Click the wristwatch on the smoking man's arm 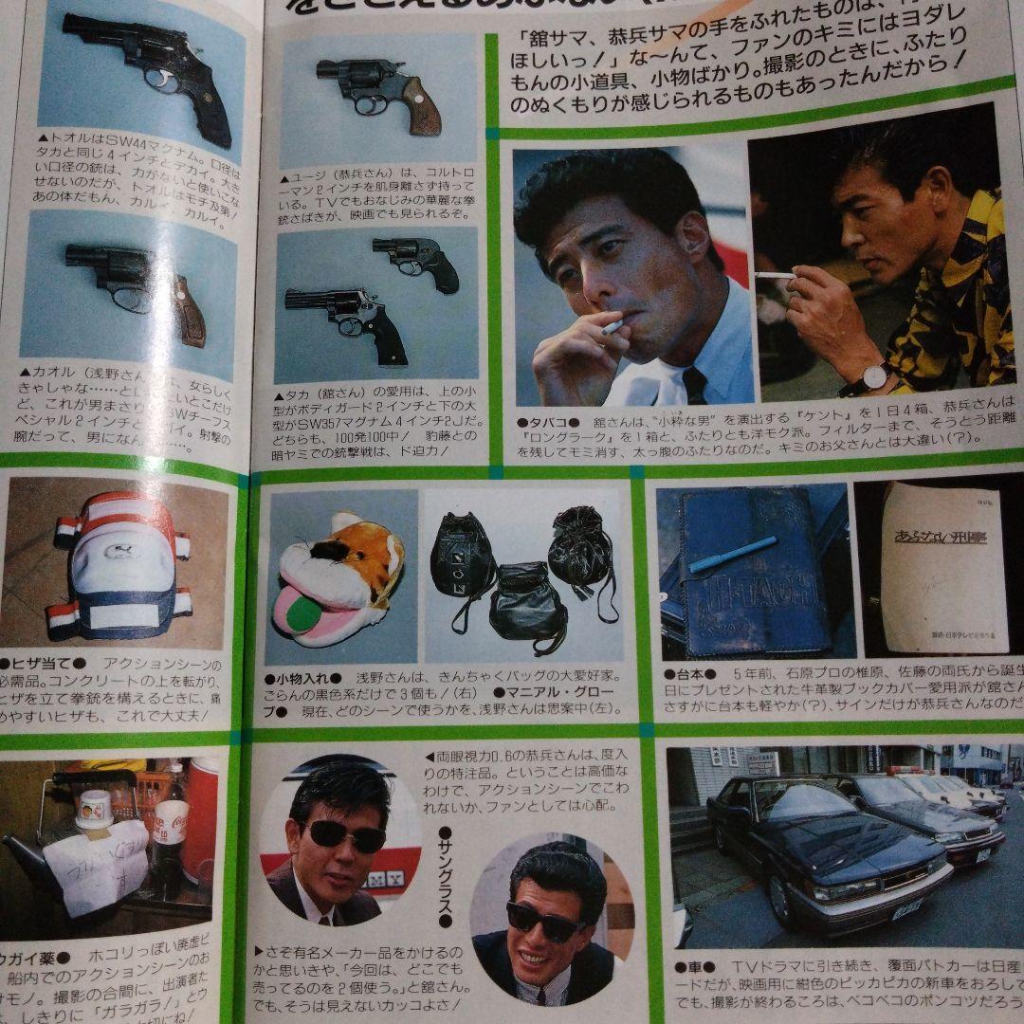point(873,377)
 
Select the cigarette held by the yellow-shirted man point(776,275)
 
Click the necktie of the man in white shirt point(695,384)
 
